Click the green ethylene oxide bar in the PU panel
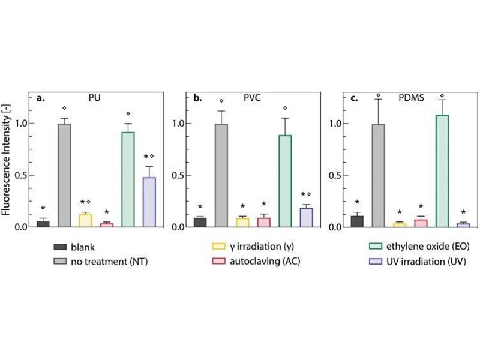coord(127,179)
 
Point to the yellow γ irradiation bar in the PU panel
coord(85,220)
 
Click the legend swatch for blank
coord(60,247)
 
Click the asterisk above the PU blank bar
coord(43,209)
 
